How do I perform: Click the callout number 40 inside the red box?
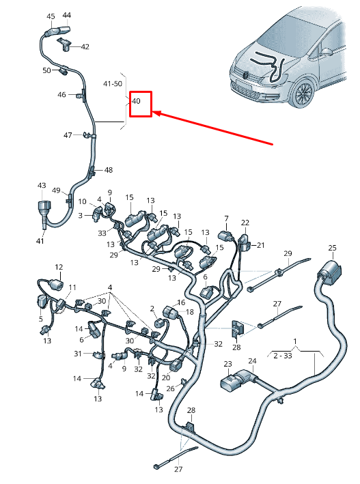tap(136, 101)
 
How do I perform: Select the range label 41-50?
tap(113, 84)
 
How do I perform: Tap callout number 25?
tap(332, 248)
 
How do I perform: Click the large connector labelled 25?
tap(328, 271)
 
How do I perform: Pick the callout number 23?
tap(227, 364)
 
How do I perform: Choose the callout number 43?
tap(42, 185)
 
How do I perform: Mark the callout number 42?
tap(85, 47)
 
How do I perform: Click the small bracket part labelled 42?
tap(64, 44)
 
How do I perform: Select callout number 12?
tap(59, 268)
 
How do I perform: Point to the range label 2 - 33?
tap(283, 356)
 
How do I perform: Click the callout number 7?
tap(226, 218)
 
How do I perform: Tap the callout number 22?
tap(245, 223)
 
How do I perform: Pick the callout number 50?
tap(46, 70)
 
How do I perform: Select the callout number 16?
tap(181, 302)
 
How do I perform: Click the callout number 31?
tap(78, 354)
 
